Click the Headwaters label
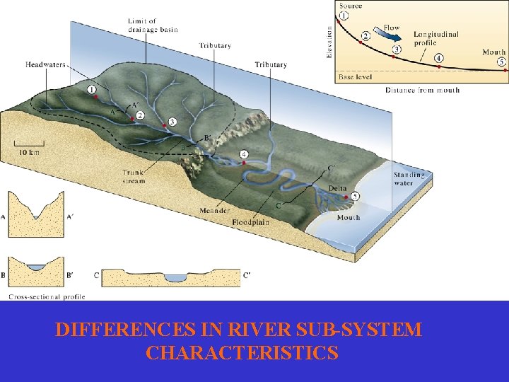45,64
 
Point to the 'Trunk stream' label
134,176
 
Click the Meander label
214,211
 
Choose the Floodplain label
250,222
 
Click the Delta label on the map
338,188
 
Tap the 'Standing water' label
409,178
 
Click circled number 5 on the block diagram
355,196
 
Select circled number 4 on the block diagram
244,154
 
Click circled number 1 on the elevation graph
344,16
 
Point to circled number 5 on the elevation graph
501,62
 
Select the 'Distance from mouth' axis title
423,90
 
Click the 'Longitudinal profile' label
435,38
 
